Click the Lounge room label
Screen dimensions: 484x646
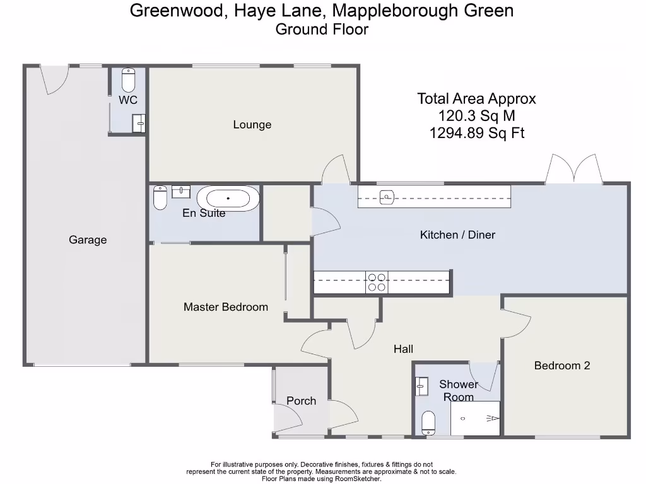(252, 125)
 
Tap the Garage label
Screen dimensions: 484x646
(88, 240)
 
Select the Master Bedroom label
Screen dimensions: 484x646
(226, 308)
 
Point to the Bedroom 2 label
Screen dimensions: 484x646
(562, 366)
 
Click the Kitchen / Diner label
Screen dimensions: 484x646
(457, 235)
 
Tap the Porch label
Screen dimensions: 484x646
(301, 401)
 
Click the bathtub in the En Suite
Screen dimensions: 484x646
(228, 199)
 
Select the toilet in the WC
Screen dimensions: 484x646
(128, 80)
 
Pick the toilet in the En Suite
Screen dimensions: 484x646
(160, 198)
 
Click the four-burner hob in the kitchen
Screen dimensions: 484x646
(377, 282)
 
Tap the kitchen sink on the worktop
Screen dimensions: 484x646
(387, 198)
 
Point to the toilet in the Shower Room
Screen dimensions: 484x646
(428, 423)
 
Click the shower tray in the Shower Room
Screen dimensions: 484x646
(475, 418)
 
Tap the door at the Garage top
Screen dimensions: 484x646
(54, 79)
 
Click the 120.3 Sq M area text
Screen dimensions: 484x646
(476, 116)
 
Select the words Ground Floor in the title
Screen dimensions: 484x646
(322, 29)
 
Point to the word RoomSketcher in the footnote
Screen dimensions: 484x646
(360, 478)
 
